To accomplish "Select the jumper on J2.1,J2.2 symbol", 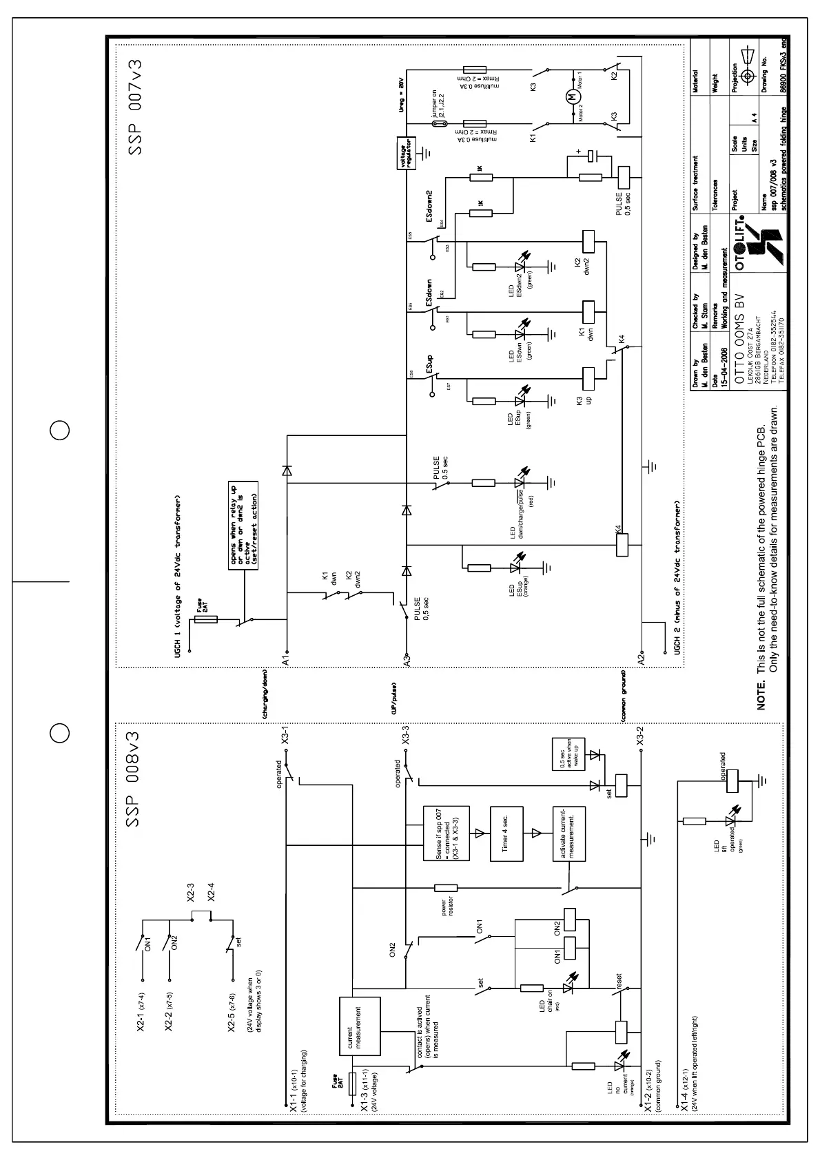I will tap(444, 124).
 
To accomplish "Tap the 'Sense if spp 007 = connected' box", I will tap(446, 833).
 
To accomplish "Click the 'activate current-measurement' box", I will tap(568, 833).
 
